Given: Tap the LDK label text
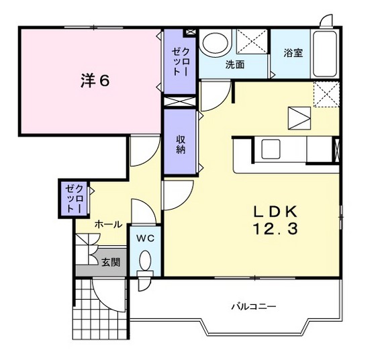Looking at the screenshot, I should click(275, 211).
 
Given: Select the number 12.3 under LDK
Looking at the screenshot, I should click(275, 228).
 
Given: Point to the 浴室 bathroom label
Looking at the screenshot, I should click(292, 53).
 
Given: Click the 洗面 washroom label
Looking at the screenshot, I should click(234, 65).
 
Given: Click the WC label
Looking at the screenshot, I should click(146, 238).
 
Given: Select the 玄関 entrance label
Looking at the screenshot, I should click(111, 263).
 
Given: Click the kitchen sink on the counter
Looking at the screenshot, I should click(273, 147).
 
